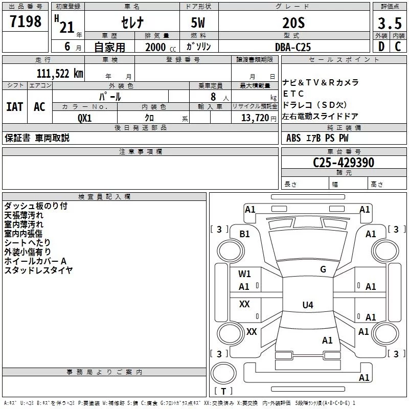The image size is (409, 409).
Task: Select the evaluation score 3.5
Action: tap(389, 23)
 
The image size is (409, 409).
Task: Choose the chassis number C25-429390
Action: tap(344, 163)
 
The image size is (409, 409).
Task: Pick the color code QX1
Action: tap(84, 118)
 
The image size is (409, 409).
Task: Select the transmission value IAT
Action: tap(14, 107)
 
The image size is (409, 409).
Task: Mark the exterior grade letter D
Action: tap(380, 47)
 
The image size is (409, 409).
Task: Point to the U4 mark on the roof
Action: tap(307, 305)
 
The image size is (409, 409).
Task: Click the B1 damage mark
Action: tap(245, 234)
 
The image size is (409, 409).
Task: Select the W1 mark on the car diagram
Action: tap(244, 274)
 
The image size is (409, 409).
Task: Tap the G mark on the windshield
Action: tap(323, 269)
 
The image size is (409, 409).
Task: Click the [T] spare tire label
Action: tap(223, 391)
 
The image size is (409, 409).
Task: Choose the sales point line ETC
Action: tap(293, 94)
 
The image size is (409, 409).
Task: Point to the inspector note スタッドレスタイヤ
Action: tap(38, 270)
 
